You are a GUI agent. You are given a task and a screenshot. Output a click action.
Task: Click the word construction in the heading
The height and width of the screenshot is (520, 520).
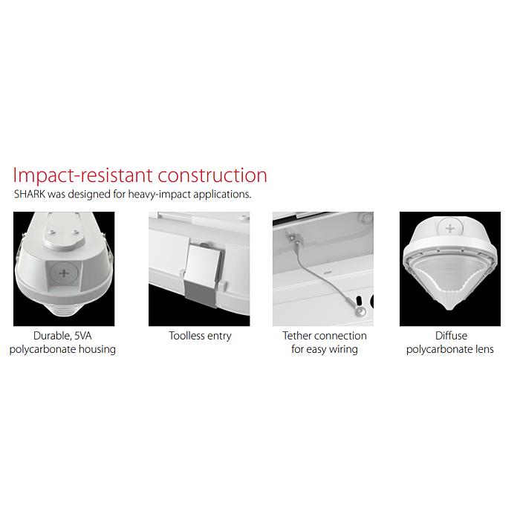click(x=212, y=175)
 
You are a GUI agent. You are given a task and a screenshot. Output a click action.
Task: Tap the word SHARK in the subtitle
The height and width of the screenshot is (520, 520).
click(x=30, y=194)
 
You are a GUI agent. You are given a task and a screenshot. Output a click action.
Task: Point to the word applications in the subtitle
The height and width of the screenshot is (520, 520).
click(x=222, y=195)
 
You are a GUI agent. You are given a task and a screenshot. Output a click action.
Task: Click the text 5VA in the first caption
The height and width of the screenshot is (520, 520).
click(x=83, y=336)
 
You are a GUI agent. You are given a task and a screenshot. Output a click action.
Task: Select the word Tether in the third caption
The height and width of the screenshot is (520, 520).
click(x=296, y=336)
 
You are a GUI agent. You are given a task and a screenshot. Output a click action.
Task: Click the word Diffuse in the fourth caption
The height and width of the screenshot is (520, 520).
click(x=451, y=336)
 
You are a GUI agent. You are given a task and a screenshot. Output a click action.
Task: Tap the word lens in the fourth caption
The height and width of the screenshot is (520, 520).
click(x=485, y=349)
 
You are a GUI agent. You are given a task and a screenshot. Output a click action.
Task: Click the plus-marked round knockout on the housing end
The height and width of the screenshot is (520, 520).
click(x=64, y=273)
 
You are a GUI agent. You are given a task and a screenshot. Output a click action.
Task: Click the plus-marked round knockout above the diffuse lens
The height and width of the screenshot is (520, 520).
click(x=450, y=229)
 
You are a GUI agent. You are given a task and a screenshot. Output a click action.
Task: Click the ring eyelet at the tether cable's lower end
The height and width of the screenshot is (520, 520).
click(x=360, y=311)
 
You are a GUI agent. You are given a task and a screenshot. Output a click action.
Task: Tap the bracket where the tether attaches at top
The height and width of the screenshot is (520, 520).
click(x=293, y=238)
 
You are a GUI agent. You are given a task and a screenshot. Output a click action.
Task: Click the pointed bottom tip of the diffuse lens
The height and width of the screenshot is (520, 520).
click(x=449, y=309)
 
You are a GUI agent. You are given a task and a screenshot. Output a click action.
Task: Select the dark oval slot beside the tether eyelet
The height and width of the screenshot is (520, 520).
click(x=359, y=301)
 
